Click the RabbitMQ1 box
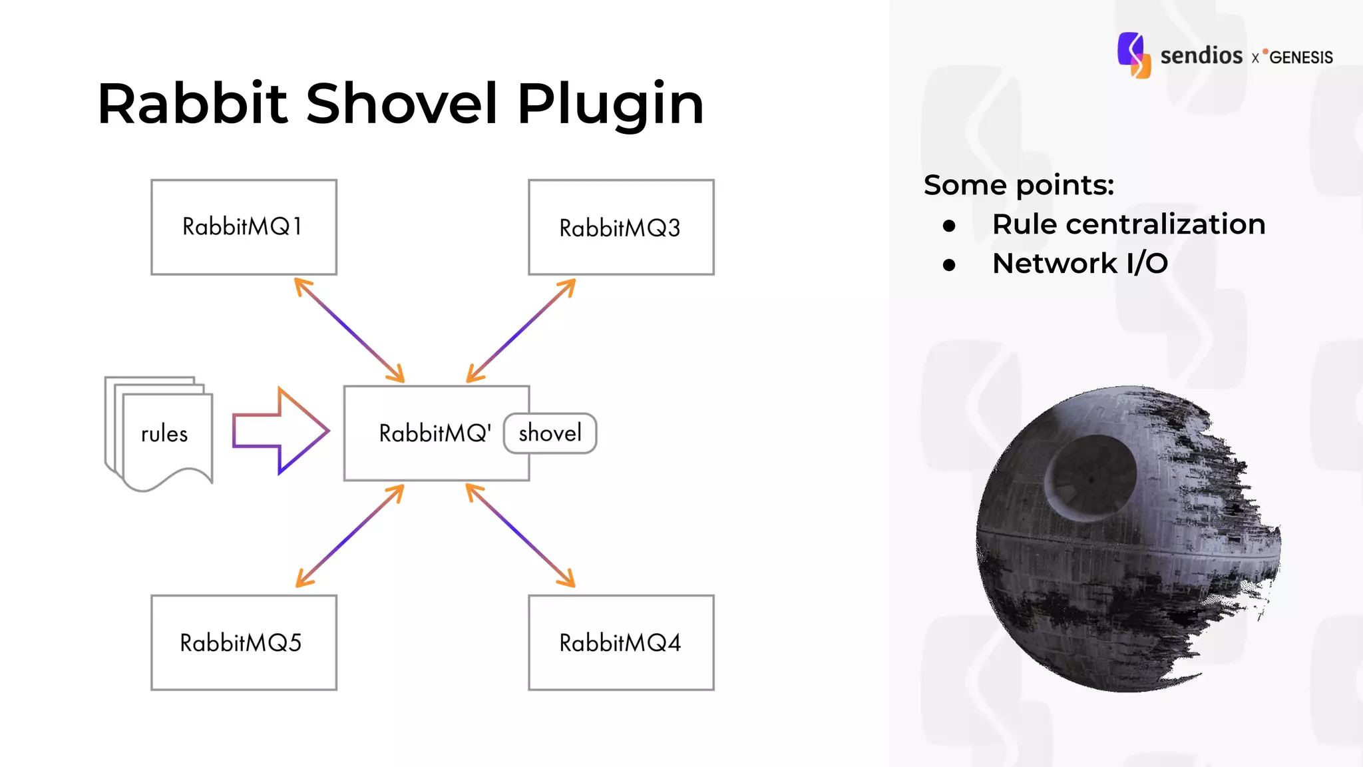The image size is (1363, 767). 244,227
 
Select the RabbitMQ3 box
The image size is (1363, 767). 621,227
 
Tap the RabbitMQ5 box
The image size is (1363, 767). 244,642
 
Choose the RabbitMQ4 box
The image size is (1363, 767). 621,642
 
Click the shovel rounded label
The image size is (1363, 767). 550,433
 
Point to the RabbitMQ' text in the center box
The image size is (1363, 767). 435,433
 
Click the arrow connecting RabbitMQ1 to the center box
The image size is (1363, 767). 349,330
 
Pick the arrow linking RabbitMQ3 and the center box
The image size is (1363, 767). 521,330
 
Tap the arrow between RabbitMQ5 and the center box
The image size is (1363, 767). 349,536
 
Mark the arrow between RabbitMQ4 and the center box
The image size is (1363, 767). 520,536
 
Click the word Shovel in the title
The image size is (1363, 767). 402,104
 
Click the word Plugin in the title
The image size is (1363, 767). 610,104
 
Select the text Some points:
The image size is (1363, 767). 1018,185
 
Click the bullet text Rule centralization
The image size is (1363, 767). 1128,224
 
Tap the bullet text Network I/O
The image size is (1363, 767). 1079,264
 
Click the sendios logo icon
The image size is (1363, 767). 1134,55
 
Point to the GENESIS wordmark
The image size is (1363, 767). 1300,57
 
